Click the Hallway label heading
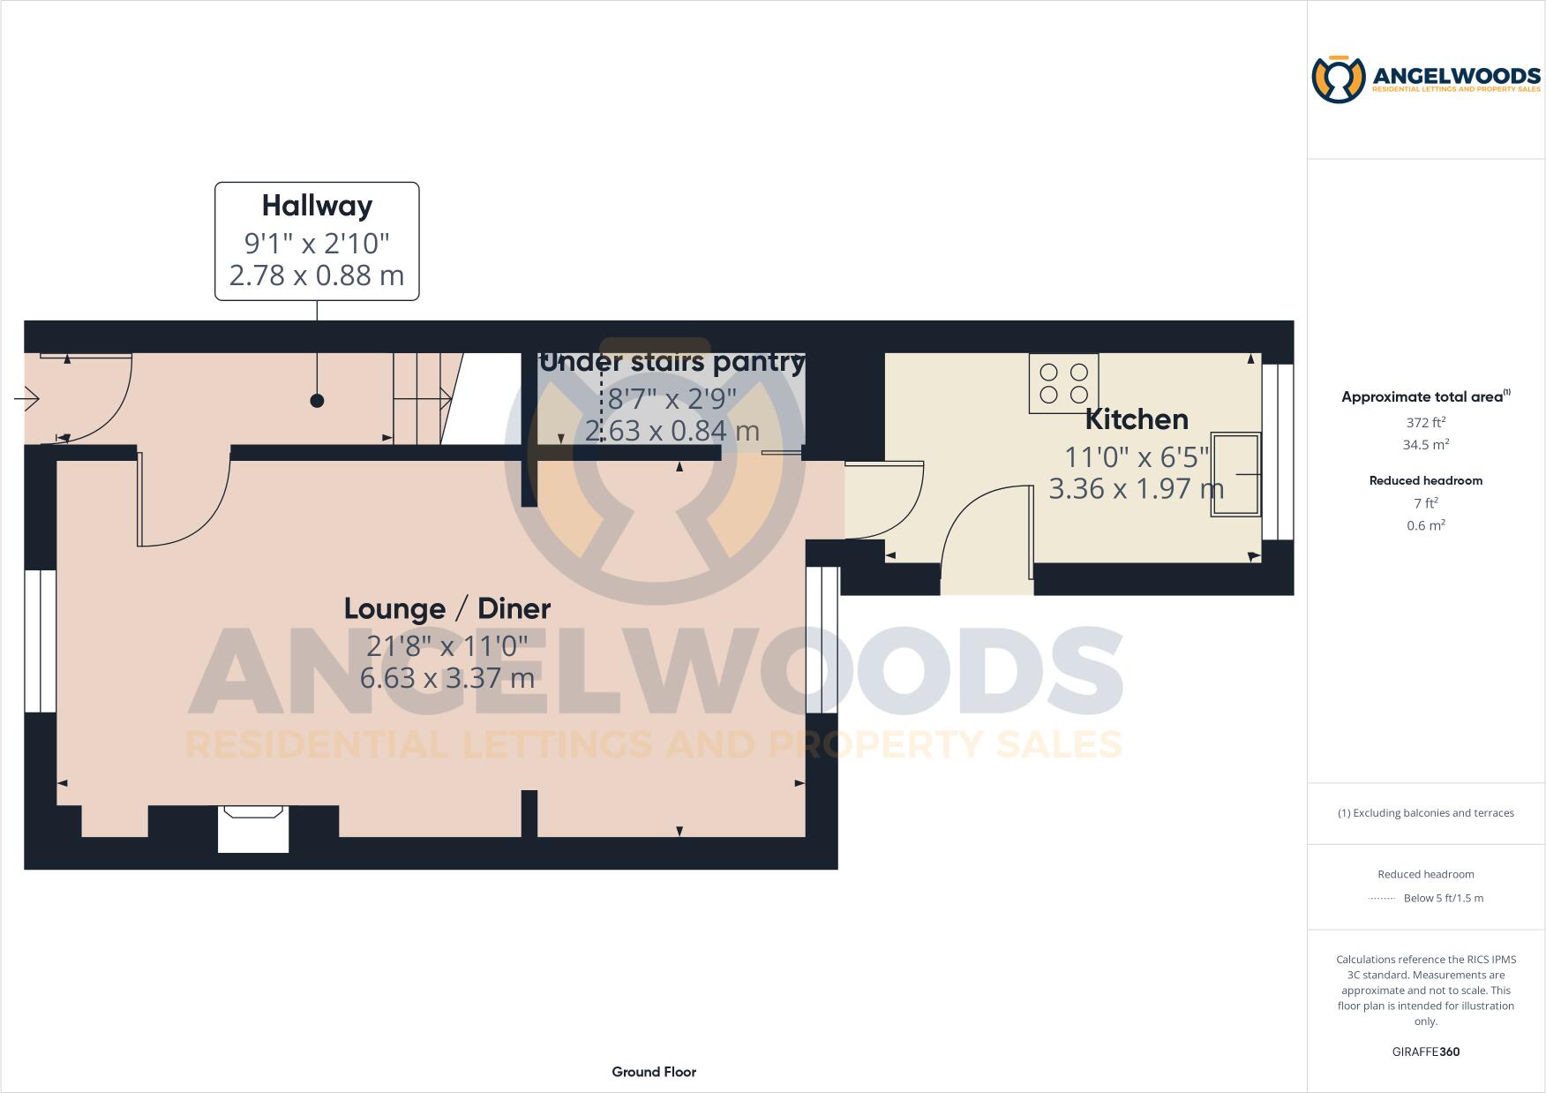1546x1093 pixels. coord(317,206)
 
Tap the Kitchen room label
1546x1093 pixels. coord(1137,418)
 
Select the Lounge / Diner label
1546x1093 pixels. coord(447,608)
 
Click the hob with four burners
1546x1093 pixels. coord(1063,384)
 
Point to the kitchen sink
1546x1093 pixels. coord(1235,474)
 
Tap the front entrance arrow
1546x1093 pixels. coord(27,399)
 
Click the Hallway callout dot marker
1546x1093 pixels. coord(317,400)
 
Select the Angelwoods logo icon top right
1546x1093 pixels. coord(1339,79)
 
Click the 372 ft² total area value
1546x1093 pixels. coord(1425,422)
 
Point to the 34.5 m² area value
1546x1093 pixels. coord(1425,445)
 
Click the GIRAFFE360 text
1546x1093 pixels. coord(1425,1052)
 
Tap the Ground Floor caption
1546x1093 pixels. coord(654,1072)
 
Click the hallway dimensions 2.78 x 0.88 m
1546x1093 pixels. coord(317,275)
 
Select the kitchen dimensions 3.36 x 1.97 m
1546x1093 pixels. coord(1137,488)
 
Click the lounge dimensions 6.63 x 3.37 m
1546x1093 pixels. coord(447,678)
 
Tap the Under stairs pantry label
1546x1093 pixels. coord(672,362)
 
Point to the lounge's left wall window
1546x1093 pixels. coord(41,641)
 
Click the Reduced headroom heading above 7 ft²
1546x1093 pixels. coord(1425,480)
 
